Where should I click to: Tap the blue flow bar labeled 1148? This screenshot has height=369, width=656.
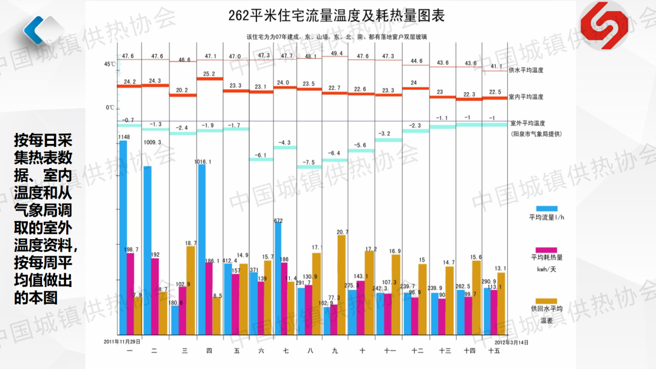(x=123, y=237)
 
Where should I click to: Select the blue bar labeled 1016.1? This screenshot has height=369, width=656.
(x=202, y=249)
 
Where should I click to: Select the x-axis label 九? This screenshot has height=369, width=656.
(x=335, y=351)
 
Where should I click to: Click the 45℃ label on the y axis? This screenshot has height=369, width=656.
(x=109, y=64)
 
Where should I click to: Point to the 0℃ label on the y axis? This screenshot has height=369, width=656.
(x=110, y=107)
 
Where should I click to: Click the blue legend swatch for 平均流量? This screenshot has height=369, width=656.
(x=547, y=209)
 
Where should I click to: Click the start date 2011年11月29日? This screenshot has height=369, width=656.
(x=122, y=342)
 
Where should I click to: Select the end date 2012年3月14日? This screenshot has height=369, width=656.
(x=511, y=342)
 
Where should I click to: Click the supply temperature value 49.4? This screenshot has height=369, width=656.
(x=336, y=53)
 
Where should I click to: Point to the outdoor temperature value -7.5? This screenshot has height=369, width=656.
(x=309, y=162)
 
